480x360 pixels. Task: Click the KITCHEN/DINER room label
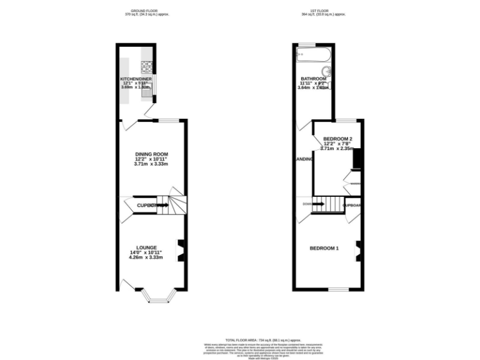136,79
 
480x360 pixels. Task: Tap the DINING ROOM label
152,154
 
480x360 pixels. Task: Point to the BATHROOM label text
312,79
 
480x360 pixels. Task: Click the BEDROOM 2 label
337,139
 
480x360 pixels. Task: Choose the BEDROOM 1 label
324,248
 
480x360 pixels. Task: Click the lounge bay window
153,296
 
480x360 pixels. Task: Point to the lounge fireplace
180,249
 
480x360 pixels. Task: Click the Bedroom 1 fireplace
359,249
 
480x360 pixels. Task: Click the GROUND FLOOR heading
142,11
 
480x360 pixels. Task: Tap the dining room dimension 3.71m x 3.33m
152,164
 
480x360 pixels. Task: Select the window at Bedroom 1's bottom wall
338,289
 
